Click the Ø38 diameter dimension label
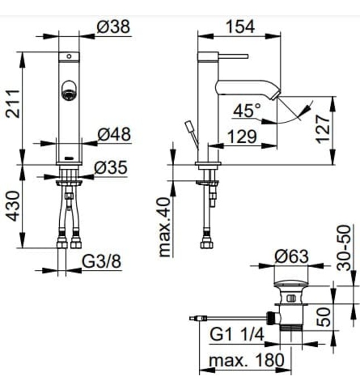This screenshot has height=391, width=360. point(112,26)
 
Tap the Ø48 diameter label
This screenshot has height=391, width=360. point(114,134)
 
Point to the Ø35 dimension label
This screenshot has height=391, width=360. point(111,167)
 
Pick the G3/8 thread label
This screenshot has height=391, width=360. point(102,261)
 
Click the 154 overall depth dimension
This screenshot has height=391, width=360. point(239,26)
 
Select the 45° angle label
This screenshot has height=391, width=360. point(247,111)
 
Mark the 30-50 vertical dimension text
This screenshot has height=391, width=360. point(346,248)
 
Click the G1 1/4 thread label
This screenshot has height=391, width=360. point(237,335)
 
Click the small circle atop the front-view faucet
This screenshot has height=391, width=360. point(69,56)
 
